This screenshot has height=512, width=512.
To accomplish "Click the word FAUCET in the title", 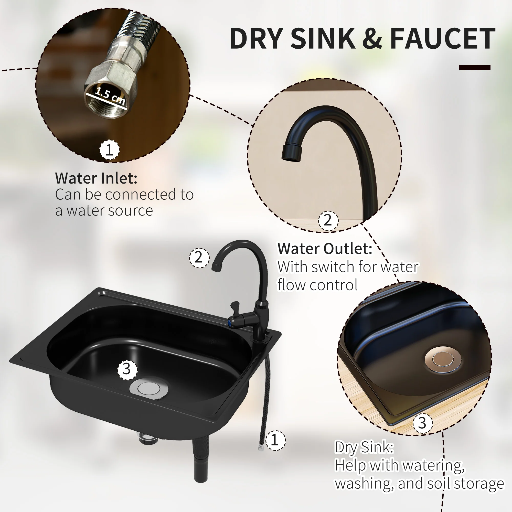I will [x=442, y=39].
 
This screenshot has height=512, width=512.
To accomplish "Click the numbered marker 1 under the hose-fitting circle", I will [x=110, y=150].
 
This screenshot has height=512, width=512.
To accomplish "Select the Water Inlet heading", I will [x=96, y=178].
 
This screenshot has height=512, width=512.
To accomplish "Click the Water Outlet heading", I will [x=325, y=249].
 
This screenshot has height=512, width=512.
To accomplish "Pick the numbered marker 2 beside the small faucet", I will [x=199, y=258].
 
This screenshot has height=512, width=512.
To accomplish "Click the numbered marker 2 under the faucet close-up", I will [x=328, y=220].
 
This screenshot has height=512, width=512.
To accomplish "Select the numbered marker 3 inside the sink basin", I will [x=127, y=369].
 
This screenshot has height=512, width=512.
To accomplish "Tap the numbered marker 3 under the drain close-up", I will [x=422, y=423].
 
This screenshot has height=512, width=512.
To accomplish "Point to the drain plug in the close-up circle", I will [x=443, y=359].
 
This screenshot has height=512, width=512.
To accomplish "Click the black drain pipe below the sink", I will [x=201, y=461].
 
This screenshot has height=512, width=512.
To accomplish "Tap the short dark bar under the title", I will [x=475, y=68].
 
